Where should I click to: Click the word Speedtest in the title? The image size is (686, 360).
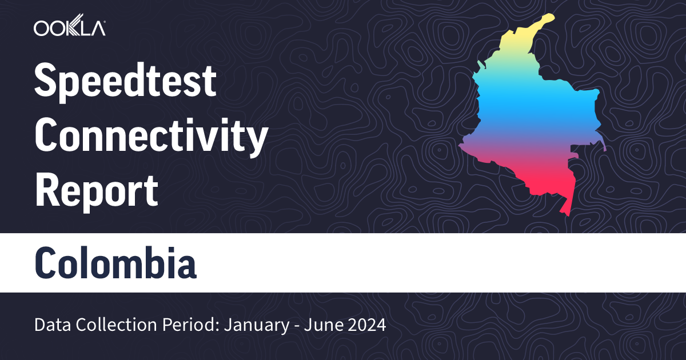126,81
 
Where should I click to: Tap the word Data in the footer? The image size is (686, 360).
49,326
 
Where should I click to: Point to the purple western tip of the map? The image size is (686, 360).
462,146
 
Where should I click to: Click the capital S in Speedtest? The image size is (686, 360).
45,81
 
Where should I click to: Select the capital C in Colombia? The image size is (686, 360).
47,263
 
